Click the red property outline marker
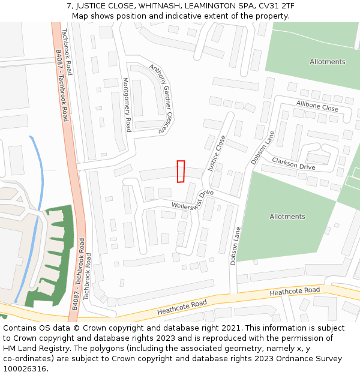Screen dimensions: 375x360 [x=181, y=171]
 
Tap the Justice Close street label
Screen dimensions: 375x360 [x=217, y=154]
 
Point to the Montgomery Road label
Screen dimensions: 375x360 [x=127, y=105]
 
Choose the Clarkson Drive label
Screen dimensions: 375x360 [x=293, y=163]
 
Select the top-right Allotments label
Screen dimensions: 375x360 [x=328, y=62]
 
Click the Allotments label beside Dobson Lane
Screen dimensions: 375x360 [x=287, y=217]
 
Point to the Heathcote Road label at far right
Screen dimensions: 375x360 [x=295, y=291]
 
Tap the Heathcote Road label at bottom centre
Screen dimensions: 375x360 [x=182, y=308]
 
